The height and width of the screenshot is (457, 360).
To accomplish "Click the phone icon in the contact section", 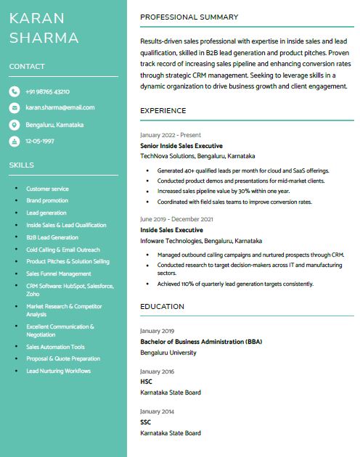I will point(14,91).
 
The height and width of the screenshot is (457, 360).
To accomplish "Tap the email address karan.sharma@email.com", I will point(60,107).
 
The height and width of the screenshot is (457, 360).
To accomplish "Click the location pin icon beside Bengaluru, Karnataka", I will point(14,125).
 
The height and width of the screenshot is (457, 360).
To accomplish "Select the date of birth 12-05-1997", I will point(40,141).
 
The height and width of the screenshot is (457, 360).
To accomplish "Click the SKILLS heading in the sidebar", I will point(22,165).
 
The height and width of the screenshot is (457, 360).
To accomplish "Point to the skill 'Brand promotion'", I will point(47,200).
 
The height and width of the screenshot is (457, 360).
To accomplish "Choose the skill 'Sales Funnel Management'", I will point(59,273).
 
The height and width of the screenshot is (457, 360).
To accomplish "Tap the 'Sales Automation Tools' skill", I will point(55,347).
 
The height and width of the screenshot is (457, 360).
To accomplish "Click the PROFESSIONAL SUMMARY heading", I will point(189,17).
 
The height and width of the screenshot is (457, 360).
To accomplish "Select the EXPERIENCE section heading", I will point(163,110).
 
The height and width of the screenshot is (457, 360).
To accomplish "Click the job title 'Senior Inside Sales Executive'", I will point(180,145).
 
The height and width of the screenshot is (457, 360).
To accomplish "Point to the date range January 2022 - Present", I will point(171,135).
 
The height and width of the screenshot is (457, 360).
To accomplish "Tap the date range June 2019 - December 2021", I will point(176,219).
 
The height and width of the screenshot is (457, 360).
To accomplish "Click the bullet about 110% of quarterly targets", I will point(235,283).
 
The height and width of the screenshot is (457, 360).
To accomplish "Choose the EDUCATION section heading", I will point(162,307).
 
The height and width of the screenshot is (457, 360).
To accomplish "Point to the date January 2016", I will point(157,371).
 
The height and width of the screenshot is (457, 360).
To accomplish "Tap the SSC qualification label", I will point(146,421).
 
